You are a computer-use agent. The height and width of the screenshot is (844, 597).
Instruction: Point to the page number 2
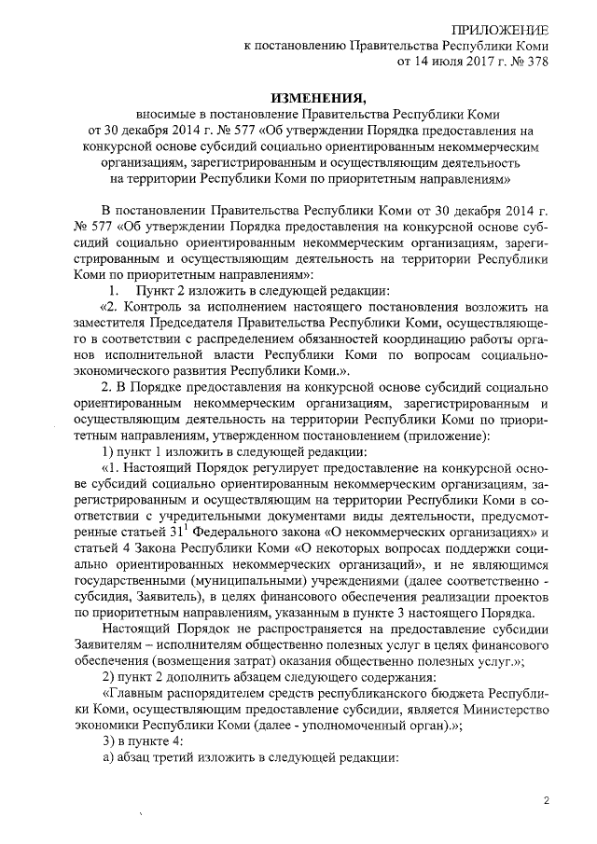click(548, 800)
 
